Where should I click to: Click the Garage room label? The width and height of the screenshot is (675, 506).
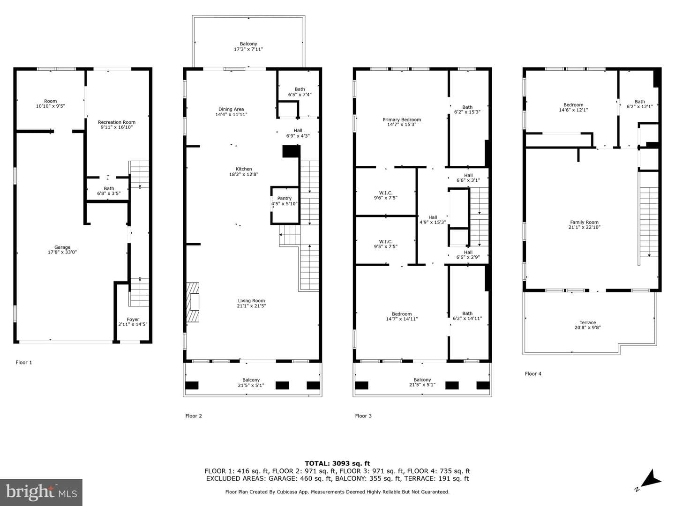62,249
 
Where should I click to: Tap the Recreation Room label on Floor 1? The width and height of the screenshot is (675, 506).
117,125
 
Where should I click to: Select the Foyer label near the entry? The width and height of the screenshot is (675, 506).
133,322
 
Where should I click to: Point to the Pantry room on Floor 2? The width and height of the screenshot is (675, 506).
285,205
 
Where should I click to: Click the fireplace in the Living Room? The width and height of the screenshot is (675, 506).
193,302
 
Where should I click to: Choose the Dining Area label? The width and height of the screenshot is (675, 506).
231,112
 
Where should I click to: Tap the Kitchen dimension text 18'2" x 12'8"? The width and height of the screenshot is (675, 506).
244,174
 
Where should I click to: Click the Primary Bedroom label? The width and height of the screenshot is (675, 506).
402,122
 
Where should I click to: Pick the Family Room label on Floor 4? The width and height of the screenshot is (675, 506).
584,224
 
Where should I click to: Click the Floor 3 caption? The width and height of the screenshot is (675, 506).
363,416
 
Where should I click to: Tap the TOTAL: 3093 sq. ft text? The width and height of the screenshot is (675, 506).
337,463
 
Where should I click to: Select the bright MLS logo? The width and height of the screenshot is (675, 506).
41,492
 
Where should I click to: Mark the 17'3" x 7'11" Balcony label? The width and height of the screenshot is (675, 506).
248,46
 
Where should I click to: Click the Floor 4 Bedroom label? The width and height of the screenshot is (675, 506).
573,107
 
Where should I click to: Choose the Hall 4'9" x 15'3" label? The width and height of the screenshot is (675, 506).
433,220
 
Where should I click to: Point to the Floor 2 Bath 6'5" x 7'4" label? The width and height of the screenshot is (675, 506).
300,92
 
